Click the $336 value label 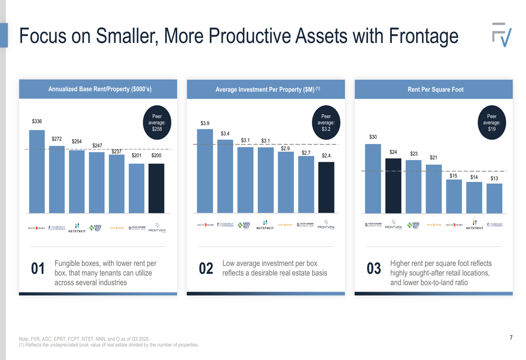[x=37, y=121]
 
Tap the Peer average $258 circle [x=157, y=122]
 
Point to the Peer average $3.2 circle [x=326, y=122]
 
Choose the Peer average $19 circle [x=492, y=122]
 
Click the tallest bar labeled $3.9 [x=205, y=171]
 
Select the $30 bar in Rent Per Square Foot [x=373, y=179]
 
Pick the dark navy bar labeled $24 [x=393, y=186]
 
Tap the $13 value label [x=494, y=179]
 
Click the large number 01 [x=38, y=269]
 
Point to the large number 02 [x=206, y=269]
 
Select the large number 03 [x=374, y=269]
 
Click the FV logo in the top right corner [x=502, y=35]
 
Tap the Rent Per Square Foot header [x=436, y=89]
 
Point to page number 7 [x=511, y=337]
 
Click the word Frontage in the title [x=423, y=36]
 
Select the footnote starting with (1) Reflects [x=109, y=345]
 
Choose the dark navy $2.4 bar [x=326, y=187]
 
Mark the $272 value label [x=57, y=139]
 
